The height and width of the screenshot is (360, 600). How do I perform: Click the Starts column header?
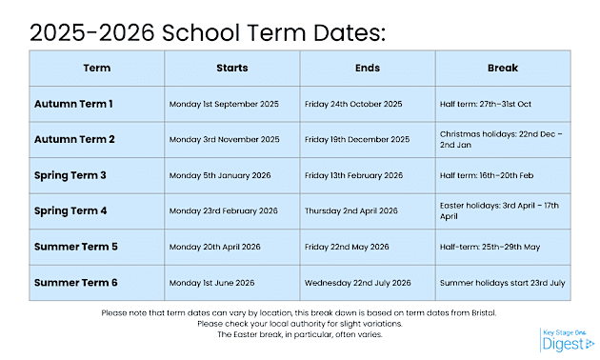click(x=231, y=69)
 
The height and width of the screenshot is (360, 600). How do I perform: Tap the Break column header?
click(x=503, y=69)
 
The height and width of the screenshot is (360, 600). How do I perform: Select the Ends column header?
click(x=368, y=69)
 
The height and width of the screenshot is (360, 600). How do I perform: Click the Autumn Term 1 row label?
click(x=73, y=104)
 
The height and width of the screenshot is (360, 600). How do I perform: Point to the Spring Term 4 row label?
click(x=70, y=210)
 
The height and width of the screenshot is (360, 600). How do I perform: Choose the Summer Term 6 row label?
click(x=76, y=283)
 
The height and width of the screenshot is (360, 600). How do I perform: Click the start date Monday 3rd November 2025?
click(x=224, y=140)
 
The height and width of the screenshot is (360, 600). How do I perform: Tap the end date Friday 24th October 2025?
click(x=353, y=104)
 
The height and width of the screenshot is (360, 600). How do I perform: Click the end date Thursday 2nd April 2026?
click(x=350, y=210)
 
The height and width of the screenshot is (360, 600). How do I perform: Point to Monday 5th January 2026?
click(x=220, y=175)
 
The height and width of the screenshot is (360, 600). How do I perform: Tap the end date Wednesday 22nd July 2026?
click(x=357, y=283)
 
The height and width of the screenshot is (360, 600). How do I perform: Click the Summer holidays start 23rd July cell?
click(x=502, y=283)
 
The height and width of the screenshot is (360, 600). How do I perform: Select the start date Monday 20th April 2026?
click(x=214, y=247)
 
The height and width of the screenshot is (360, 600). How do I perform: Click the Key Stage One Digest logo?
click(x=567, y=340)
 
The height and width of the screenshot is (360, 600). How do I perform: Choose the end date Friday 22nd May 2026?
click(x=347, y=247)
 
